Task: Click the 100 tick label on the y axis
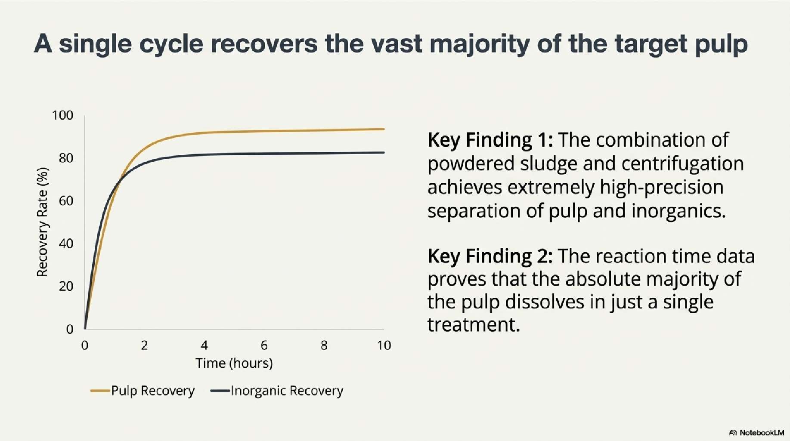point(63,115)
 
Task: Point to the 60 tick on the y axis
point(66,201)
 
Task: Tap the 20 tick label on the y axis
point(66,287)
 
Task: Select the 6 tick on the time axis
point(264,345)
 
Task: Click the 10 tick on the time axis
point(384,345)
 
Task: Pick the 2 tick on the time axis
point(144,345)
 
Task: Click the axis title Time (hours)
point(234,364)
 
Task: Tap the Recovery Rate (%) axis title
point(42,222)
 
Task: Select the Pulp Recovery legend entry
point(143,391)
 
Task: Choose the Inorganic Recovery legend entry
point(277,391)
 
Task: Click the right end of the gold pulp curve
point(384,129)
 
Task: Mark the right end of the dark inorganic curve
point(384,152)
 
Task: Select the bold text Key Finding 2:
point(490,256)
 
